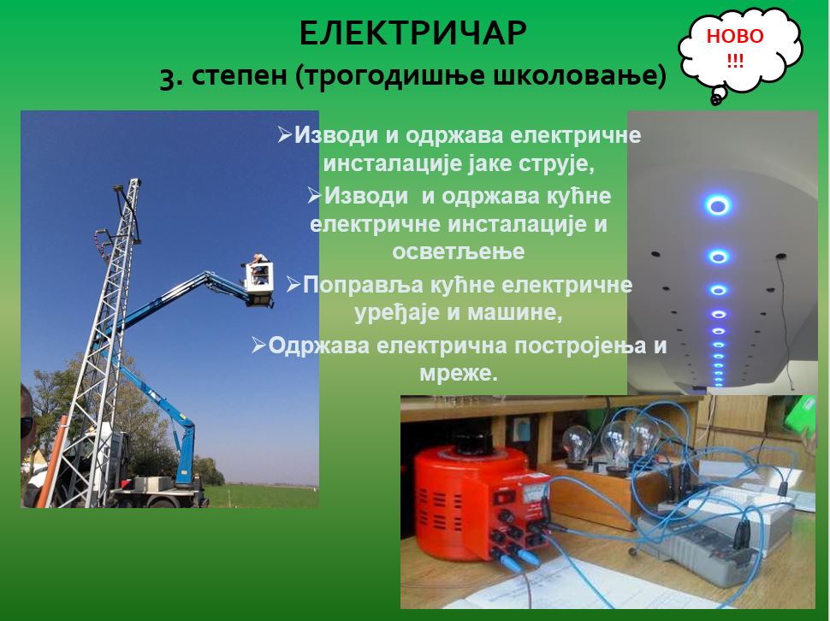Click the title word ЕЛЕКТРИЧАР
click(413, 34)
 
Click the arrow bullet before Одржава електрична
click(258, 345)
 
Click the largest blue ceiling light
click(717, 204)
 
